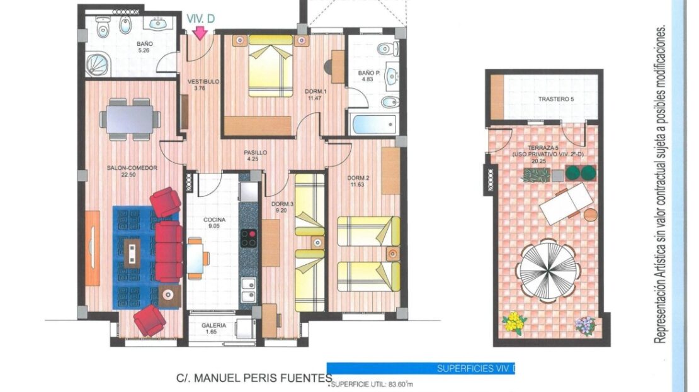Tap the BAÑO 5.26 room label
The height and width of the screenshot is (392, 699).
click(x=144, y=47)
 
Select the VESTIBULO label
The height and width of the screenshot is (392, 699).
click(x=203, y=82)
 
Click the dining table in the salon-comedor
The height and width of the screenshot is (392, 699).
click(x=130, y=119)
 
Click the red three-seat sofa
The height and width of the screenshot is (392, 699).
click(x=169, y=251)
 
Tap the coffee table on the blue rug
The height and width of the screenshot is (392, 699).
click(x=132, y=252)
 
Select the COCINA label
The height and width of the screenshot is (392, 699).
click(x=215, y=220)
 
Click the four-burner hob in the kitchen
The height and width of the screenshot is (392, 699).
click(x=248, y=238)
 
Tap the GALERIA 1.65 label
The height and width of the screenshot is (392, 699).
click(x=213, y=328)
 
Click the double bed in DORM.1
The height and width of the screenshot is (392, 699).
click(x=271, y=66)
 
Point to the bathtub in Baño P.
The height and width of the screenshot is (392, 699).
click(x=373, y=125)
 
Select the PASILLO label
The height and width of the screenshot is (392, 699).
click(x=255, y=153)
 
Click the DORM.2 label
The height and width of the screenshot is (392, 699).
click(x=358, y=178)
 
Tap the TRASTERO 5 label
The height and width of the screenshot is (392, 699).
click(x=556, y=99)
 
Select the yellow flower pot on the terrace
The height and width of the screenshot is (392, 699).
click(x=514, y=323)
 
